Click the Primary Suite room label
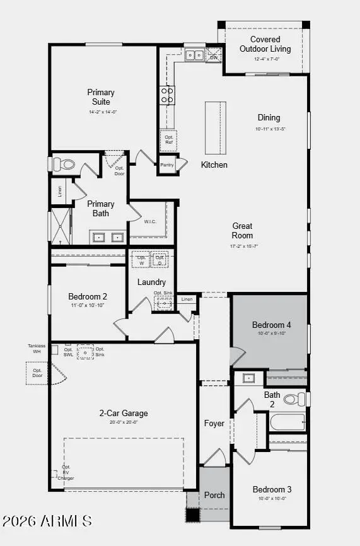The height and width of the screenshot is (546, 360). tap(101, 97)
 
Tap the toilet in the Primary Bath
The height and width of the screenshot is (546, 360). tap(65, 165)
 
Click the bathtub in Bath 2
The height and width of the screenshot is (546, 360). tap(287, 422)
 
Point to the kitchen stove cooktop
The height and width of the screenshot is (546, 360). tap(168, 95)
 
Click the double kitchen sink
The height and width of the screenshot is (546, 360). tap(195, 55)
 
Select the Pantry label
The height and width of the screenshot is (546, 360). tap(166, 165)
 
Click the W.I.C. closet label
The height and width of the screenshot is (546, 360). tap(150, 221)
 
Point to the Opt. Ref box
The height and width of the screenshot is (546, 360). tap(169, 139)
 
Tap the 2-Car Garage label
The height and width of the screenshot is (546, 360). tap(123, 413)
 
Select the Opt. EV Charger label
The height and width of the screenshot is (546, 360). tap(66, 473)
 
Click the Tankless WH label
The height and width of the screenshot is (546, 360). tap(37, 349)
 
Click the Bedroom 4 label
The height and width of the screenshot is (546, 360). tap(272, 325)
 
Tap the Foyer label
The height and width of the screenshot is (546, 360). tap(214, 423)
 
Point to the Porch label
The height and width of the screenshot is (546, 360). tap(214, 495)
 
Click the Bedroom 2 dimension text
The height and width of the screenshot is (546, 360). tap(88, 305)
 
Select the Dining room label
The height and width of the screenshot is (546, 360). tap(269, 117)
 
